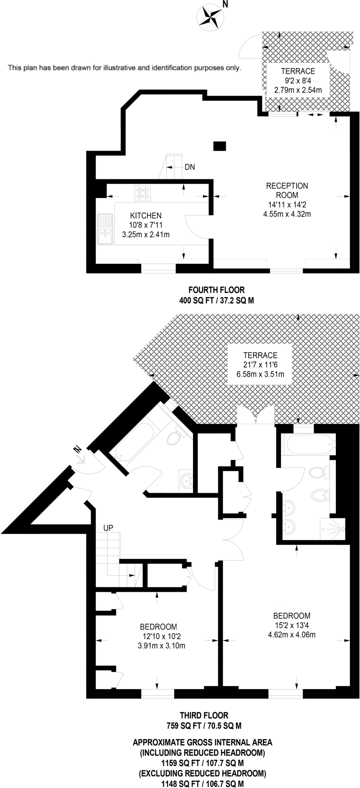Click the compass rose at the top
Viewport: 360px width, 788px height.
point(211,16)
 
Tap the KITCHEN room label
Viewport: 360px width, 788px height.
point(145,216)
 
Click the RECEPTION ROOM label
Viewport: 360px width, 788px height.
point(287,190)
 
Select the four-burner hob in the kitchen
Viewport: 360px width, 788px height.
point(143,193)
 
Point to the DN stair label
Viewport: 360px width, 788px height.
point(190,167)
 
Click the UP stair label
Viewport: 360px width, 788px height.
point(108,528)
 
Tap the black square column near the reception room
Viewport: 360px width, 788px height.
point(220,146)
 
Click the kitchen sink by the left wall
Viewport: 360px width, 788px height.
point(105,229)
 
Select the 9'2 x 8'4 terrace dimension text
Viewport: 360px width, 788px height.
point(298,81)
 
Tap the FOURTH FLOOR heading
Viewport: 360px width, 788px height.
point(216,290)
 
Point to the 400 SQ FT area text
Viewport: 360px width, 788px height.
point(216,301)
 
